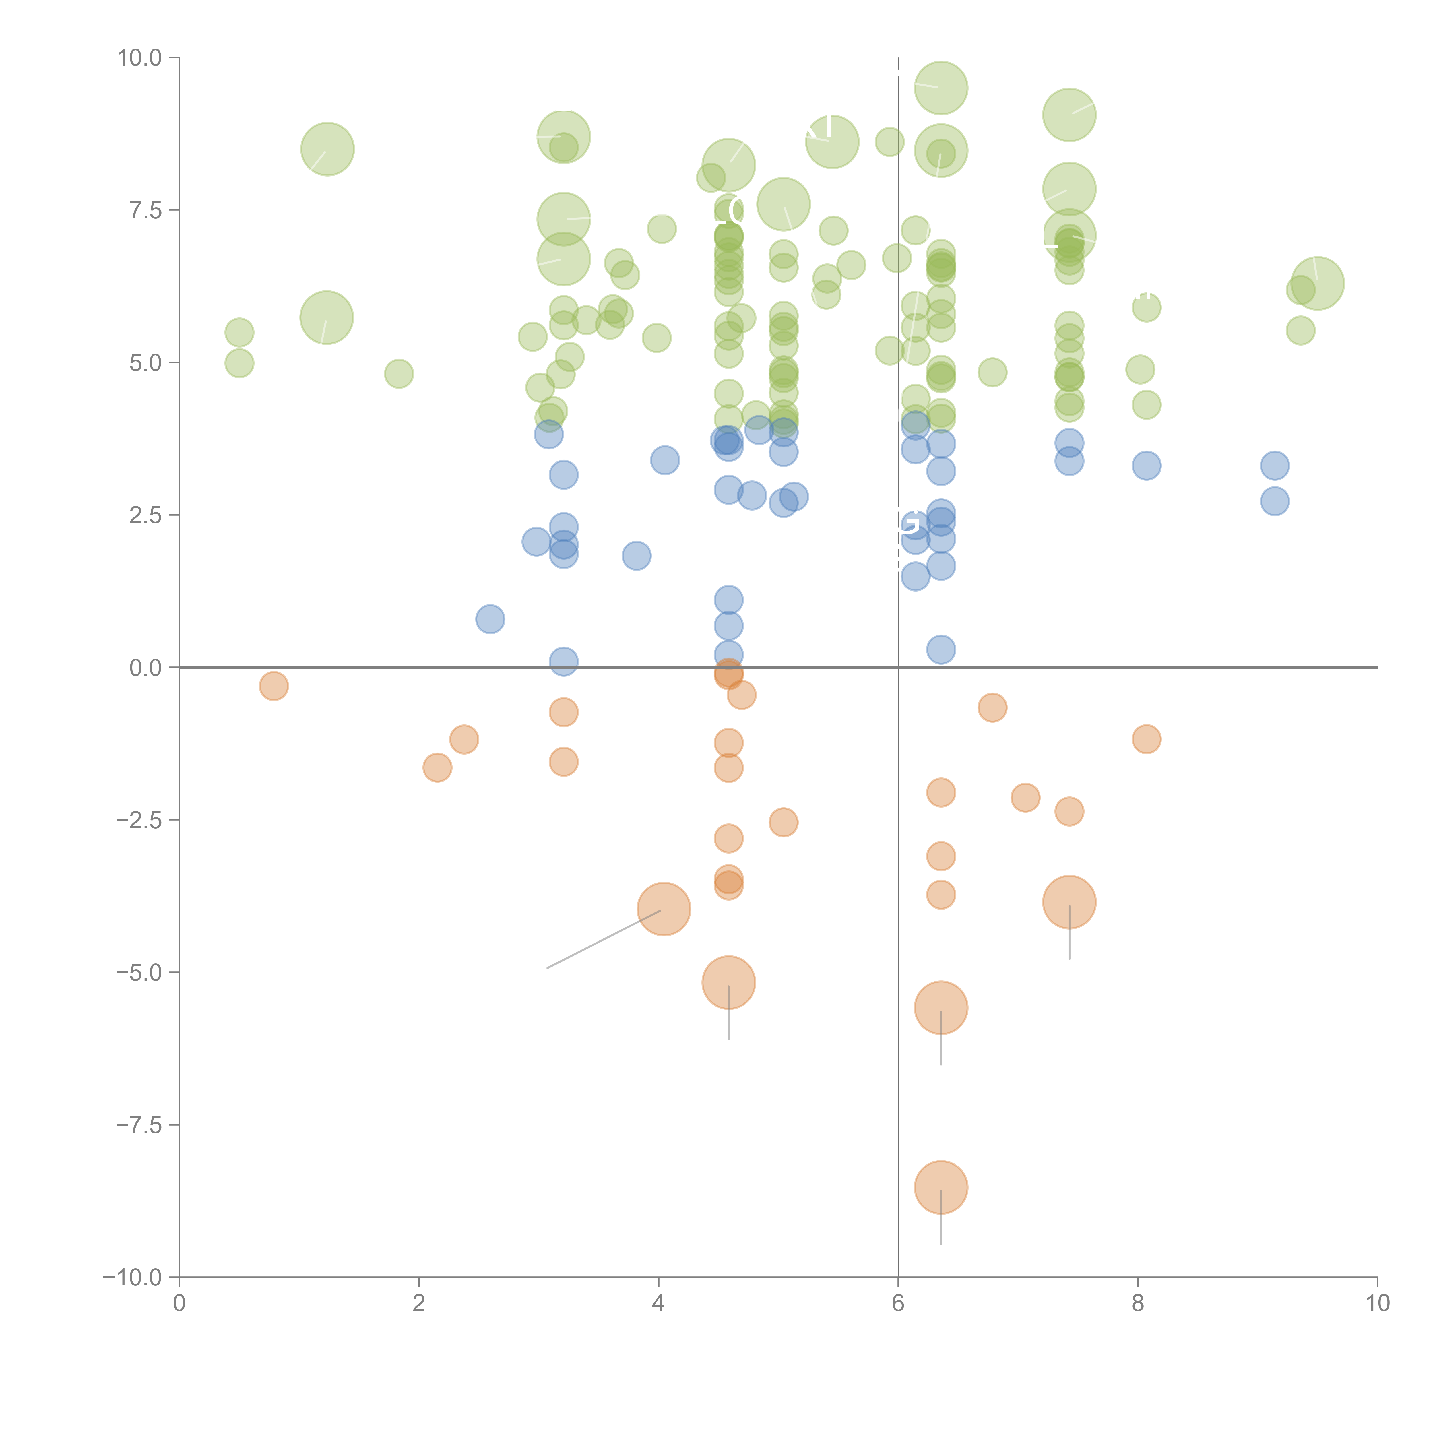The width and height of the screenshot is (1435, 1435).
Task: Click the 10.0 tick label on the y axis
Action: point(140,58)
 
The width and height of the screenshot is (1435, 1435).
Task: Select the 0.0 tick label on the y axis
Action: point(146,668)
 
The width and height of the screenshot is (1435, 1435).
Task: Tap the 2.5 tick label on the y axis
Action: point(146,515)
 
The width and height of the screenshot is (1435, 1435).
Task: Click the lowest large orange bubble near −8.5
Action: point(941,1187)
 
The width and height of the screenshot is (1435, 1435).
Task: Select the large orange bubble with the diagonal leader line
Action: point(664,909)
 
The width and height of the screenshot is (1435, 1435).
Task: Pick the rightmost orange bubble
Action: point(1147,739)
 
